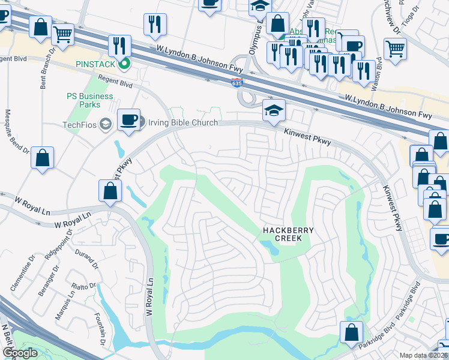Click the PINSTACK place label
(x=96, y=62)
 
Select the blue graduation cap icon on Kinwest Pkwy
(x=274, y=110)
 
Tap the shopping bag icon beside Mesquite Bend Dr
(x=42, y=158)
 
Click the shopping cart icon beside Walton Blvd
(x=395, y=49)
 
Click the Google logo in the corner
(x=20, y=353)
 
